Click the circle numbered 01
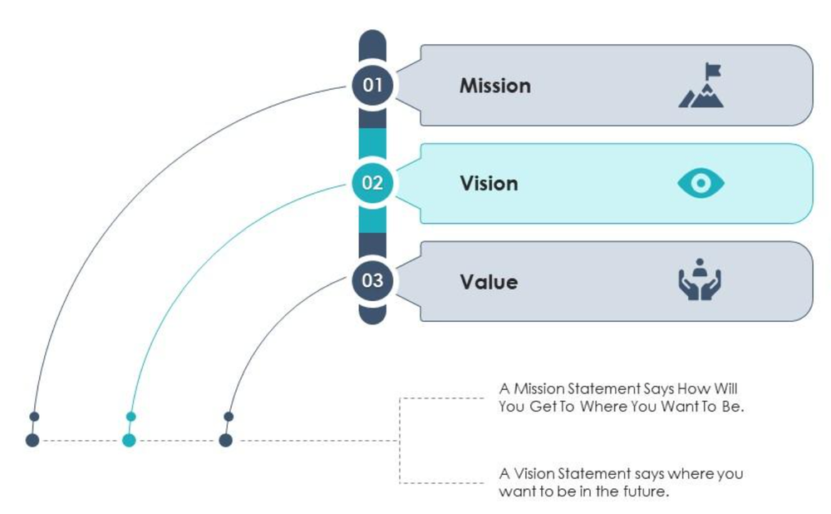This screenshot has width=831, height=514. tap(372, 85)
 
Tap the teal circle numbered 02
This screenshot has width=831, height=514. tap(372, 183)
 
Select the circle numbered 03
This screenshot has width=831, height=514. tap(372, 280)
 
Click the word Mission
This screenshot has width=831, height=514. tap(494, 86)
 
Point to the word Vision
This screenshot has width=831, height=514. tap(489, 184)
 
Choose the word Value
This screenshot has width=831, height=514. tap(489, 282)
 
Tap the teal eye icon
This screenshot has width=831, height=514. tap(701, 184)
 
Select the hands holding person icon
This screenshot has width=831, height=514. tap(699, 280)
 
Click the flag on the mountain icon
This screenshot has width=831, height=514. tap(712, 71)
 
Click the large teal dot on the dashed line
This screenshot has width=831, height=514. tap(129, 440)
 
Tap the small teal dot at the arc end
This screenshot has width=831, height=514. tap(130, 417)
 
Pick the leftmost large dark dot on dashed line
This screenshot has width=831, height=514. tap(32, 440)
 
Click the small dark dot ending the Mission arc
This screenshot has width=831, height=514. tap(34, 417)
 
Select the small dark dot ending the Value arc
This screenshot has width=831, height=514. tap(229, 417)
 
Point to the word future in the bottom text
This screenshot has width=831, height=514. tap(647, 492)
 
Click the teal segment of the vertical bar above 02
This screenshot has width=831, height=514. tap(372, 142)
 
